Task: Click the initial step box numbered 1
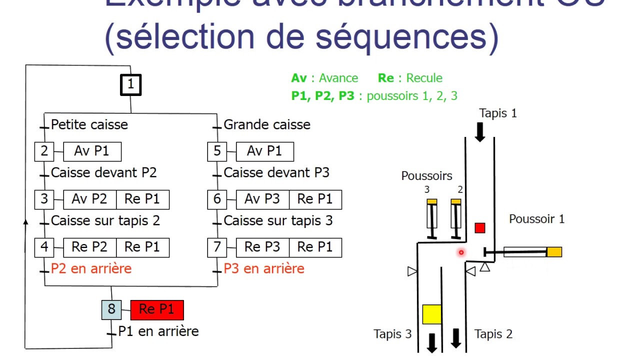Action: (130, 84)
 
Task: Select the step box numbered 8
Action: (111, 309)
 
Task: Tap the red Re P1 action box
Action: (157, 310)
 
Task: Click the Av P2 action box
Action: (89, 199)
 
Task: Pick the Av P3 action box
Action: (262, 199)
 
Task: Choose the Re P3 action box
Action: (262, 247)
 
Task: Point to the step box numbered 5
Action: (217, 151)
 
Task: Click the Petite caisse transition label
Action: (89, 124)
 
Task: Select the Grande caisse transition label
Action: (267, 124)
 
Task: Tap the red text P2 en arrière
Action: (91, 268)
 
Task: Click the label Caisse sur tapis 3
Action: (278, 220)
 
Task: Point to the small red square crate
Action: (480, 228)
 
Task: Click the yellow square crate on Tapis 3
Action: (432, 314)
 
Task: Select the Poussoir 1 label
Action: (536, 218)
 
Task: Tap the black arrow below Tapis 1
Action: (480, 132)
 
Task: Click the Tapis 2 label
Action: (493, 334)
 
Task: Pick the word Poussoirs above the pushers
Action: (426, 176)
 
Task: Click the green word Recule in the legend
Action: (424, 78)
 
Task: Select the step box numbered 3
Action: (44, 199)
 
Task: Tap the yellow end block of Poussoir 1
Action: (554, 252)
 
